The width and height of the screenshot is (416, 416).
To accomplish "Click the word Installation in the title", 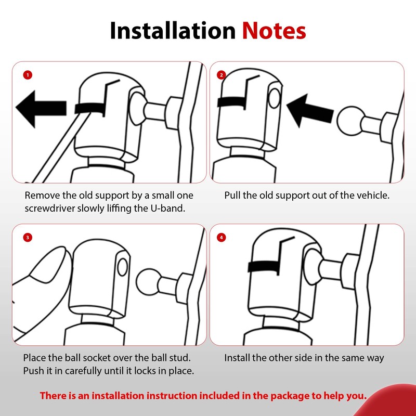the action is tap(173, 31).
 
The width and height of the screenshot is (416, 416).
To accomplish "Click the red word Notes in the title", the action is tap(274, 31).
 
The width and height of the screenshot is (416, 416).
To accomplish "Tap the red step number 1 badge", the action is tap(28, 75).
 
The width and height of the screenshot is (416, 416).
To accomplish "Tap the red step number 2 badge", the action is tap(222, 75).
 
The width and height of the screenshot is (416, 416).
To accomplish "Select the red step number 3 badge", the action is tap(28, 237).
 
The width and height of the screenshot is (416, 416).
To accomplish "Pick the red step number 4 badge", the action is tap(222, 237).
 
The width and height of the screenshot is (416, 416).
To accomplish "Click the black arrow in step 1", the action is tap(41, 109).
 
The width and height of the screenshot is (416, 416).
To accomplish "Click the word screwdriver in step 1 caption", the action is tap(49, 209).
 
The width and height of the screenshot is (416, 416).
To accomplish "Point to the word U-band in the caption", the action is tap(167, 208).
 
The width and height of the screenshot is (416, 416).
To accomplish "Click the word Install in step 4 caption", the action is tap(237, 358).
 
